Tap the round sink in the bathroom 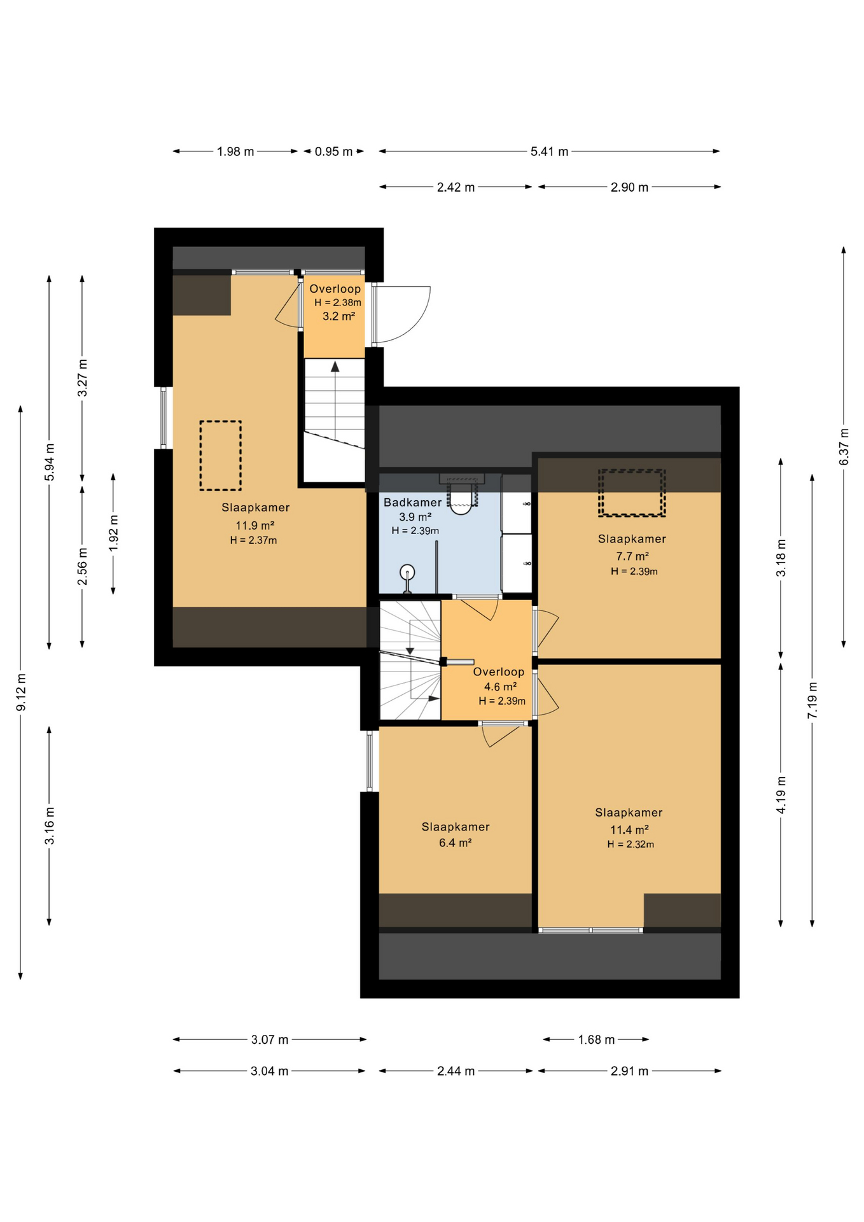coord(407,573)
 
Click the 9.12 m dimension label coord(20,692)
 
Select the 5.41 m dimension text coord(549,151)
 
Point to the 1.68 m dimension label coord(596,1039)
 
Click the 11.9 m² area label coord(254,526)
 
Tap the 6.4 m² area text coord(455,843)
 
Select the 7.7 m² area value coord(632,556)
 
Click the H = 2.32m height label coord(631,845)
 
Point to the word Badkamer coord(412,502)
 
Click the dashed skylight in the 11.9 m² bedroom coord(220,455)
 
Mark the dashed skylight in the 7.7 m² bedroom coord(631,493)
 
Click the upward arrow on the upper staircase coord(335,367)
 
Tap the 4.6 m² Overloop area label coord(500,687)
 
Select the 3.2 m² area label coord(338,316)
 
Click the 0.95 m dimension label coord(333,151)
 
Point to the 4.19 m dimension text coord(781,794)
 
